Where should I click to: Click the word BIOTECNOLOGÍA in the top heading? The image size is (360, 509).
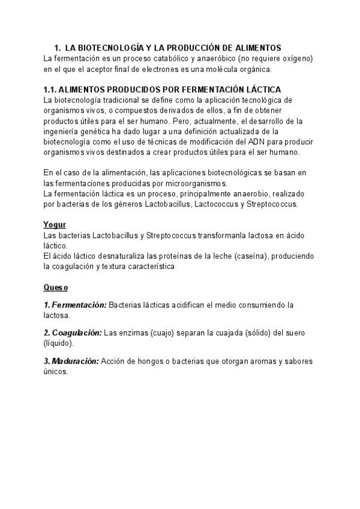[109, 47]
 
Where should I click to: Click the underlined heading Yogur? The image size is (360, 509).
[54, 224]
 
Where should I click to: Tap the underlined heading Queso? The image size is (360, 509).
[55, 288]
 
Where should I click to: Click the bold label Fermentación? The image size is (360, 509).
[78, 305]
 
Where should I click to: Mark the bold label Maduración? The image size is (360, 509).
[74, 361]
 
